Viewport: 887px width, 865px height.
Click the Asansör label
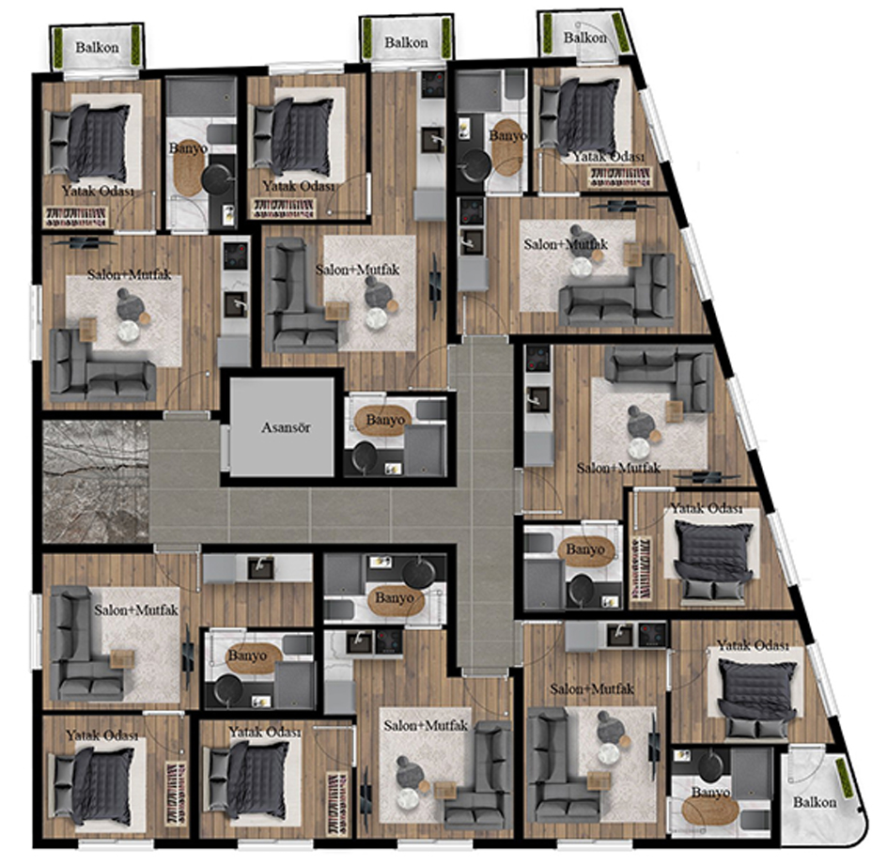pyautogui.click(x=286, y=427)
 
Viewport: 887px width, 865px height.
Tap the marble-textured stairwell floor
pyautogui.click(x=96, y=482)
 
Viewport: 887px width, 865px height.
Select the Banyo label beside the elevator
pyautogui.click(x=385, y=420)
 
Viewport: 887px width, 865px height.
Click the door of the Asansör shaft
pyautogui.click(x=225, y=449)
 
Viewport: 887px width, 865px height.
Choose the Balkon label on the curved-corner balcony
pyautogui.click(x=814, y=802)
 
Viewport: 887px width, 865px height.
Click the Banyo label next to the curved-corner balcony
pyautogui.click(x=710, y=793)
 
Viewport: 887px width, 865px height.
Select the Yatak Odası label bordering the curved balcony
pyautogui.click(x=753, y=645)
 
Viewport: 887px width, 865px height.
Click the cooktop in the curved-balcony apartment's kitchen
pyautogui.click(x=652, y=634)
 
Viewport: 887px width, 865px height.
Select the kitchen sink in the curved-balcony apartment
pyautogui.click(x=619, y=634)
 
